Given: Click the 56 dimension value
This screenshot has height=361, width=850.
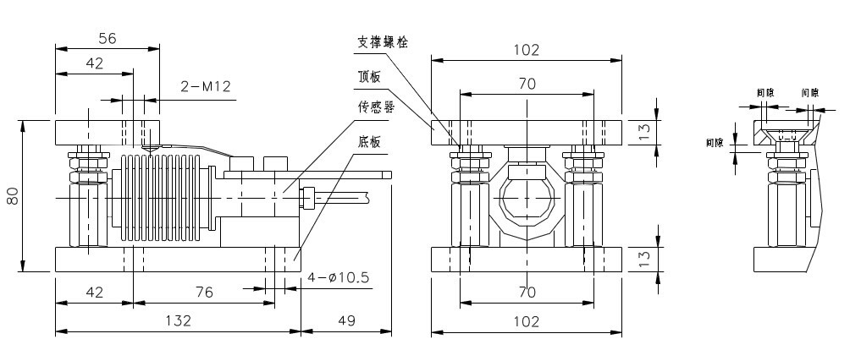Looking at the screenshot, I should [107, 38].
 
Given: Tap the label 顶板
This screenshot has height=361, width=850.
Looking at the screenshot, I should [370, 76].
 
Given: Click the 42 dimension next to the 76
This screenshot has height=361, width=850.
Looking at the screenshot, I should [94, 293].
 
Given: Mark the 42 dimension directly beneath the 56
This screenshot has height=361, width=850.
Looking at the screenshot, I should [94, 63].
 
